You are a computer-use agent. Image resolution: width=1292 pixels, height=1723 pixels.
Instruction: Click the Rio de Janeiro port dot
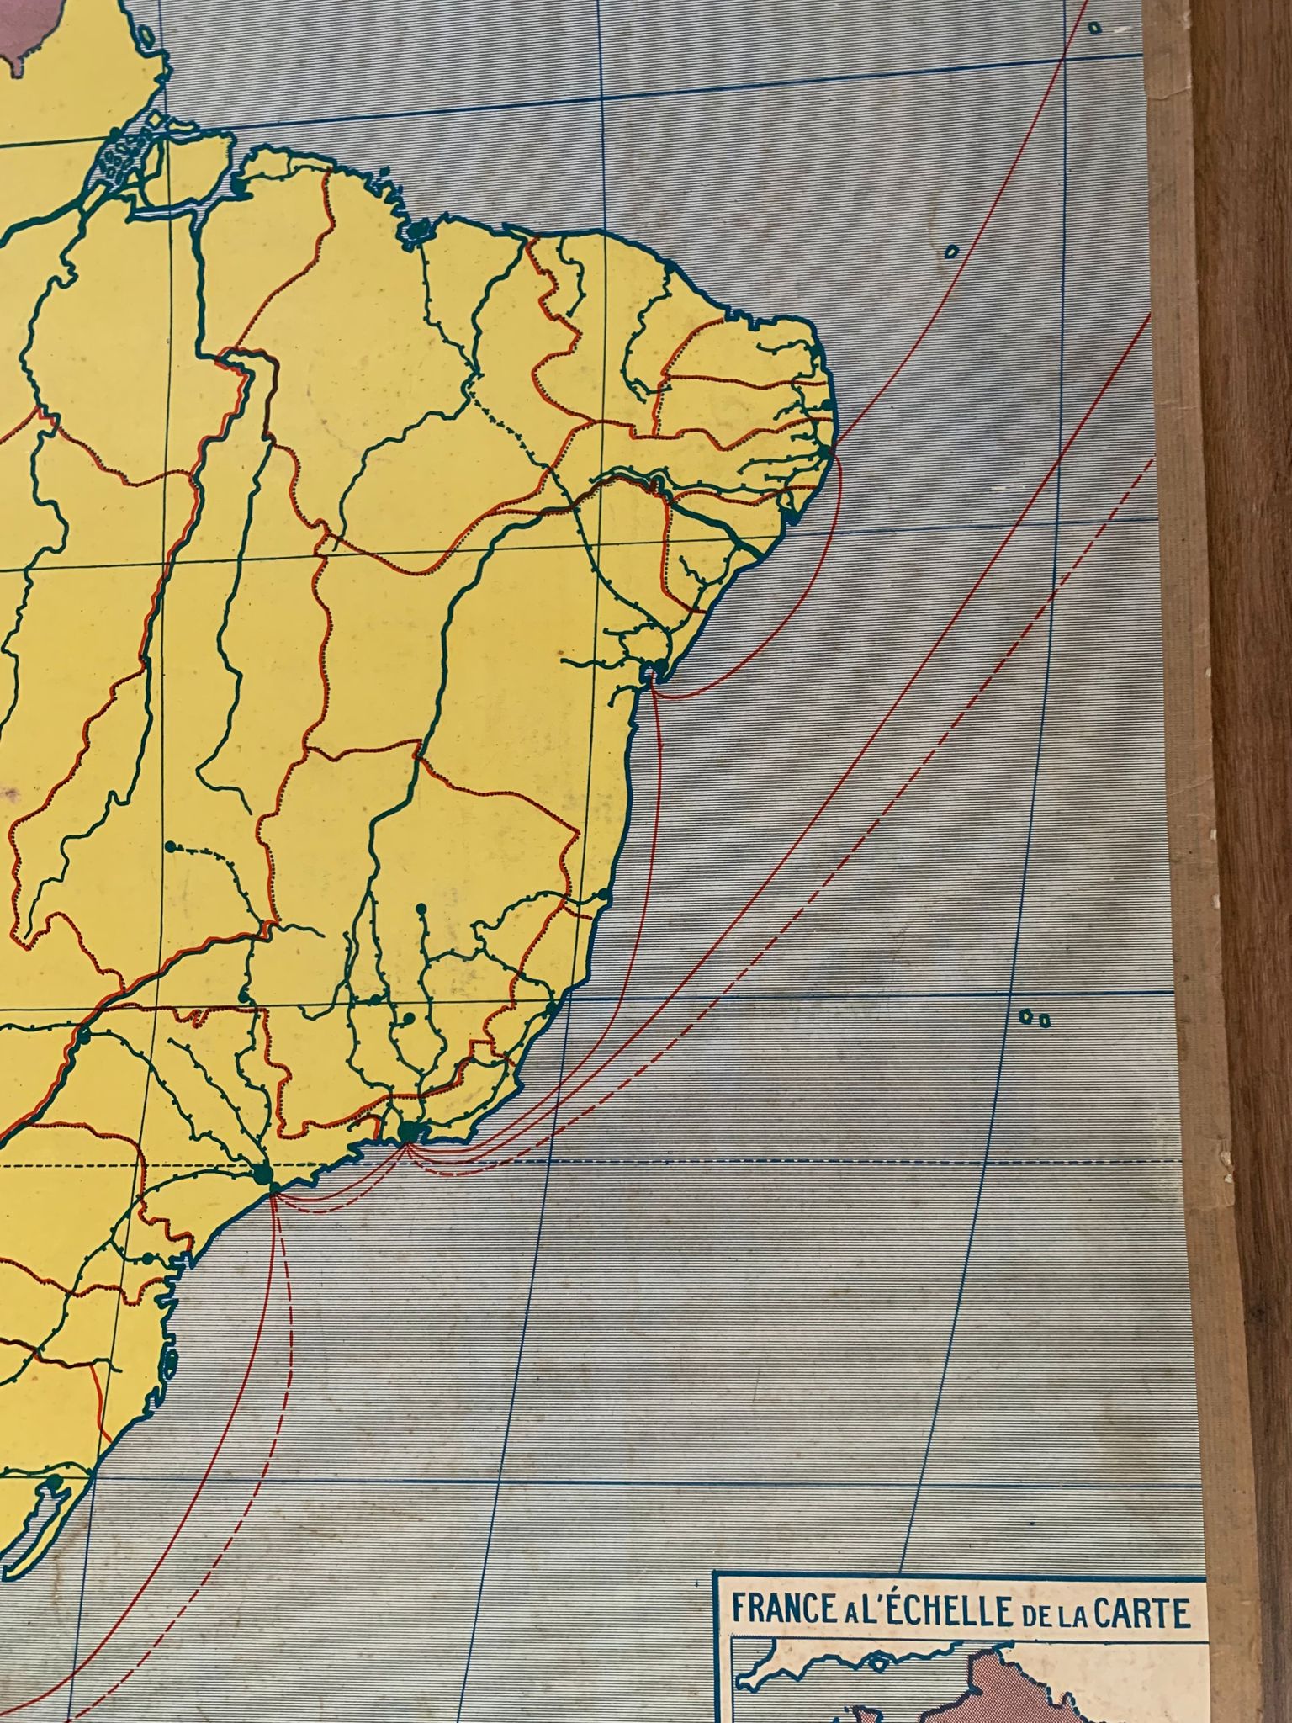click(x=409, y=1130)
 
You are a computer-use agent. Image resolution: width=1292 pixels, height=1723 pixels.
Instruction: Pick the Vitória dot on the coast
click(x=552, y=1006)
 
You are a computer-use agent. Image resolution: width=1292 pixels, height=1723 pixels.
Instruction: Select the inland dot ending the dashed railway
click(x=172, y=846)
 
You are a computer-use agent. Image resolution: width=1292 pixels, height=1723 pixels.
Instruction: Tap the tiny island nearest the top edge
click(x=1094, y=28)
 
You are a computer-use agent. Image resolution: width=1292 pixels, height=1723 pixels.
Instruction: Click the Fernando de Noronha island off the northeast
click(x=952, y=251)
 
